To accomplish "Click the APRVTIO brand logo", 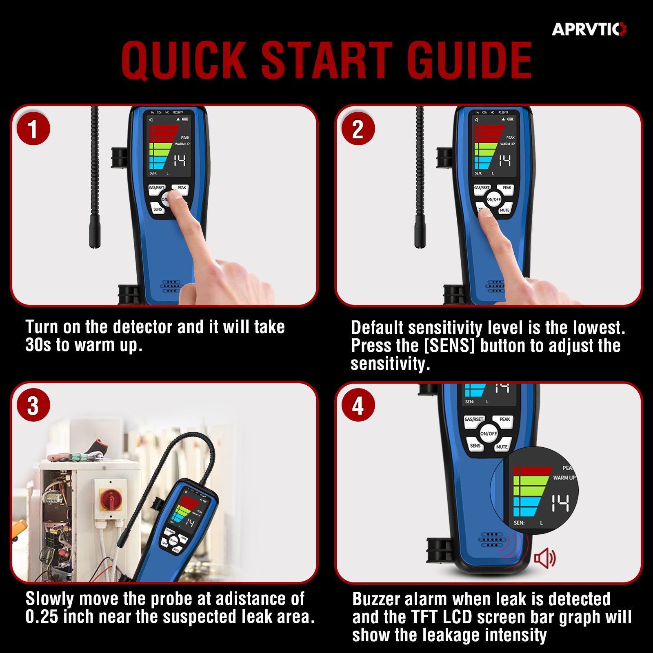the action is tap(589, 29).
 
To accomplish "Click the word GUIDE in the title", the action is tap(469, 60).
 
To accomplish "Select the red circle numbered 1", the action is tap(33, 129).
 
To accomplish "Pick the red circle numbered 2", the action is tap(358, 129).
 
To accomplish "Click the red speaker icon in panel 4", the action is tap(545, 558).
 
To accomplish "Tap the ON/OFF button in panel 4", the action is tap(489, 433).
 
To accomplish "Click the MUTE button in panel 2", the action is tap(504, 210).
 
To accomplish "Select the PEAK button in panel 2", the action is tap(506, 188).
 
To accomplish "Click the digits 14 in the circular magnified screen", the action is tap(560, 503).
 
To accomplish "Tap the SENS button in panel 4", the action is tap(475, 445).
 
